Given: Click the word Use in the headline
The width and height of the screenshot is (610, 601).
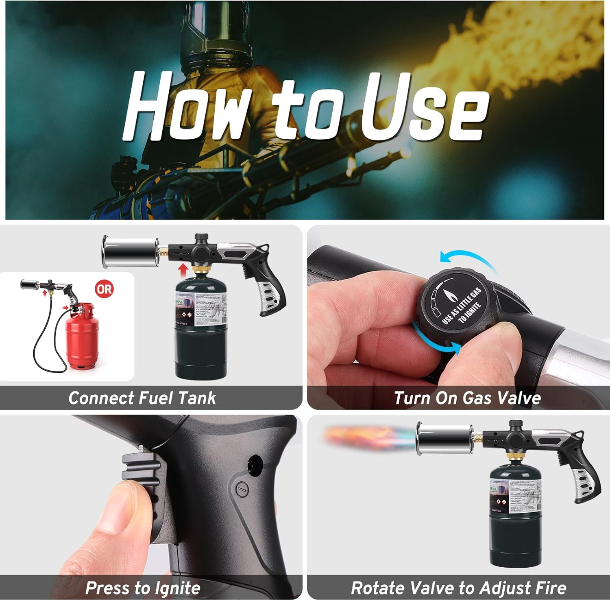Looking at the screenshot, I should point(423,107).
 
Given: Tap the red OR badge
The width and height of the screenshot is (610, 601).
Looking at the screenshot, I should point(104,289).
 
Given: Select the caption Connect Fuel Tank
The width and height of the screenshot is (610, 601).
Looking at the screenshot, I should point(142,398).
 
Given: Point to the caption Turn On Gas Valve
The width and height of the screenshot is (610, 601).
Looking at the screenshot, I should point(467,398).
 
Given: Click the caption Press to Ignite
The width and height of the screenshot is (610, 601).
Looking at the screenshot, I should point(143,588).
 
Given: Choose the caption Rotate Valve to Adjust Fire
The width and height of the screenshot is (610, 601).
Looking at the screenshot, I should point(458,588).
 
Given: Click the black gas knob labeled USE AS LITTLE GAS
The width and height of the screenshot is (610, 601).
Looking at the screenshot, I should point(455,306).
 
